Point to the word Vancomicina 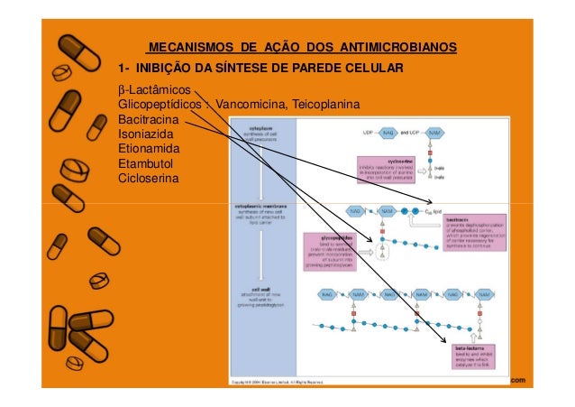tap(252, 106)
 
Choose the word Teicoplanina tap(326, 106)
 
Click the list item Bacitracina tap(149, 120)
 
